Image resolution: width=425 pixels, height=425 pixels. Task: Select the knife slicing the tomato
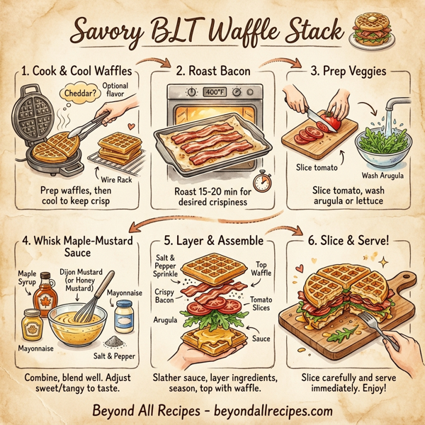pyautogui.click(x=315, y=113)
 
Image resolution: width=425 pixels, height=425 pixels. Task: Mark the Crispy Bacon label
pyautogui.click(x=165, y=296)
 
